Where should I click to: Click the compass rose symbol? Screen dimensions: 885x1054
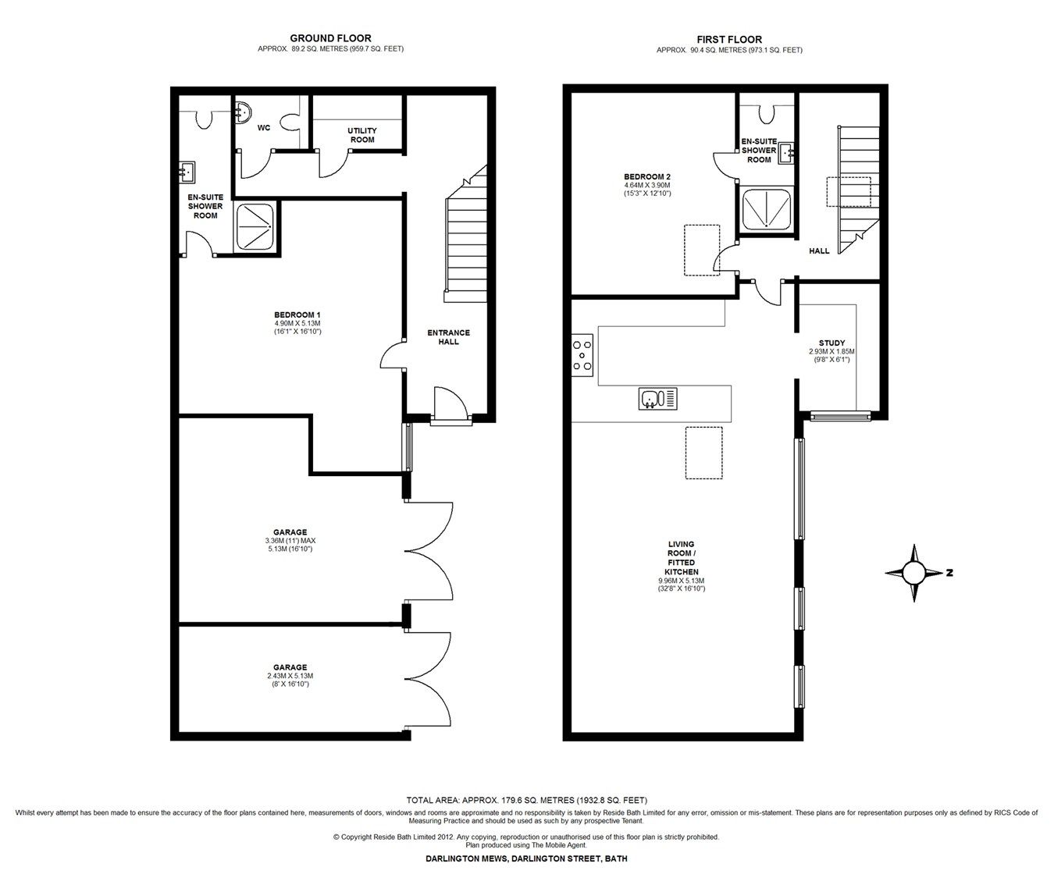[913, 573]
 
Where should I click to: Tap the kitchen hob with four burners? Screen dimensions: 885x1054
[582, 354]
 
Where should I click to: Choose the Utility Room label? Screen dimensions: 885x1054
[362, 135]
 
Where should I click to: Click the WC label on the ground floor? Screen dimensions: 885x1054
[264, 127]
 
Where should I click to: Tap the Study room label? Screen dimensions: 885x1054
[831, 343]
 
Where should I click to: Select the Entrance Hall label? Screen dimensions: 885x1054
[448, 337]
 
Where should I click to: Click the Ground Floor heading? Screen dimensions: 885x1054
[330, 37]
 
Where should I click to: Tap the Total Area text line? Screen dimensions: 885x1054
[527, 800]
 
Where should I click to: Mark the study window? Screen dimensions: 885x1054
[840, 416]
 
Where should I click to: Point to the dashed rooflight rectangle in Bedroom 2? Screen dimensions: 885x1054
[700, 250]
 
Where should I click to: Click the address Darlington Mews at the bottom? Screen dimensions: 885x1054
[526, 858]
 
